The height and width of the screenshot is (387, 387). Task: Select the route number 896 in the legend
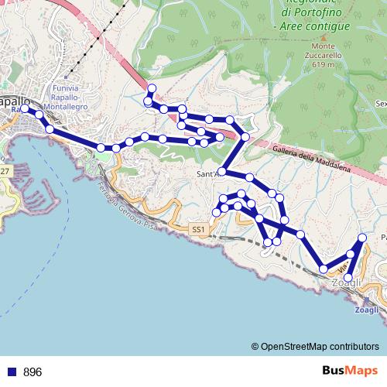[33, 372]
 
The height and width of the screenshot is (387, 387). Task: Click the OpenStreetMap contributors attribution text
[320, 347]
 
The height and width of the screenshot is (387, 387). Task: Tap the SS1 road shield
[199, 230]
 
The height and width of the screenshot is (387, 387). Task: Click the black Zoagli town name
[345, 284]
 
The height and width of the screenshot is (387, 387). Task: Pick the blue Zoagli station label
[367, 310]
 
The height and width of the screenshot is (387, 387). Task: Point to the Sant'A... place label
[209, 174]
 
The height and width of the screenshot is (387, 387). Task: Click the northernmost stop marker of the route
[152, 88]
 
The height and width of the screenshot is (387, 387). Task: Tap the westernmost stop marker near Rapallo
[24, 109]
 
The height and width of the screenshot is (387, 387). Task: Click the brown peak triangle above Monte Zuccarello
[324, 36]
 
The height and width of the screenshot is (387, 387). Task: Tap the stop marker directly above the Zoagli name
[348, 278]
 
